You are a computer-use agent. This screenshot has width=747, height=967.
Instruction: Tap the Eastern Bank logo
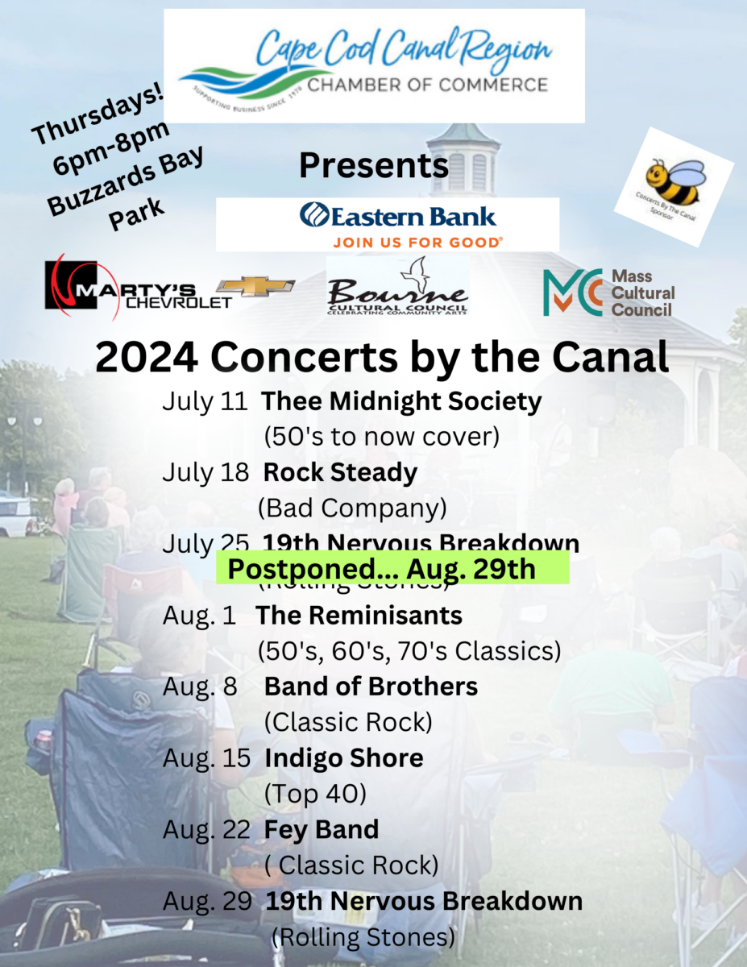(398, 216)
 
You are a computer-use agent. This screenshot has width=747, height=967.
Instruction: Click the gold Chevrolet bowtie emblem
(256, 286)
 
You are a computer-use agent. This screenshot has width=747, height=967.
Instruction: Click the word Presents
(373, 165)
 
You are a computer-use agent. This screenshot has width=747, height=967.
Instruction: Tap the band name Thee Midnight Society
(401, 400)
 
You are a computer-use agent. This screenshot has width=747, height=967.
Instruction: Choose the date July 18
(205, 472)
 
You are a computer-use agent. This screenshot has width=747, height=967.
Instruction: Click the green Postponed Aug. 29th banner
(392, 568)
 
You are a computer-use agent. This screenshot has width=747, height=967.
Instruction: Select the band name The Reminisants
(359, 616)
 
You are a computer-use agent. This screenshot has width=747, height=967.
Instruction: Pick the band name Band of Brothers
(371, 687)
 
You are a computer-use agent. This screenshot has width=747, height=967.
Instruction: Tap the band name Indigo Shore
(343, 758)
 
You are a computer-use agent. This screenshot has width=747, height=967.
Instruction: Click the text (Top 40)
(315, 794)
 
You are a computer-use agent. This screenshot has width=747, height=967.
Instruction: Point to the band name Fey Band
(322, 829)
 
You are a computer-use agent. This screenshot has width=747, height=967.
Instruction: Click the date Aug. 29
(207, 901)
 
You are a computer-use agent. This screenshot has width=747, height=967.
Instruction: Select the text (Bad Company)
(352, 508)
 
